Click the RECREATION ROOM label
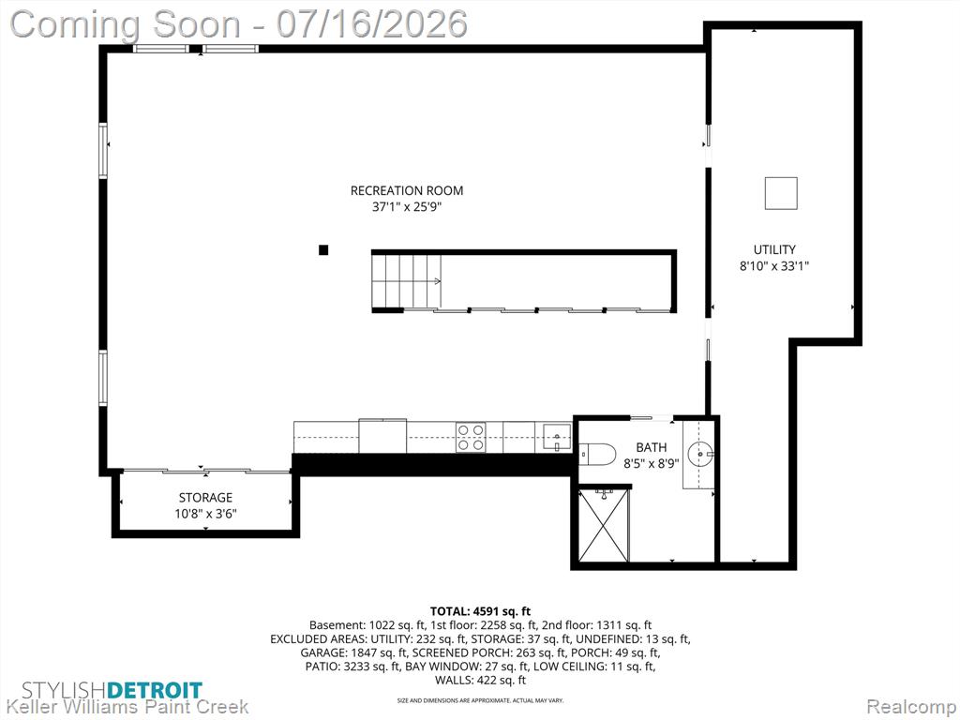(x=407, y=190)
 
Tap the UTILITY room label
(x=774, y=249)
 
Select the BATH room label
(x=652, y=447)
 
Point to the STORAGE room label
(x=205, y=497)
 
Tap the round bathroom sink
(x=700, y=455)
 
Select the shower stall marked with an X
(x=604, y=525)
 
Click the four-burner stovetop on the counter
(x=471, y=437)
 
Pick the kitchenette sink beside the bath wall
(x=557, y=437)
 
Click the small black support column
(x=323, y=249)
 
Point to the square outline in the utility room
(x=781, y=193)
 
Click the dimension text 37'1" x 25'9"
(x=407, y=207)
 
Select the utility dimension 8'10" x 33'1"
(x=774, y=266)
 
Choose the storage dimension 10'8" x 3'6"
(x=205, y=514)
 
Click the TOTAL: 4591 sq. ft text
(x=480, y=611)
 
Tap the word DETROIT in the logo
(x=155, y=690)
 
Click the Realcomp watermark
(x=911, y=707)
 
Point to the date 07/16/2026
(x=371, y=24)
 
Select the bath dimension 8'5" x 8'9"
(x=652, y=464)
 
